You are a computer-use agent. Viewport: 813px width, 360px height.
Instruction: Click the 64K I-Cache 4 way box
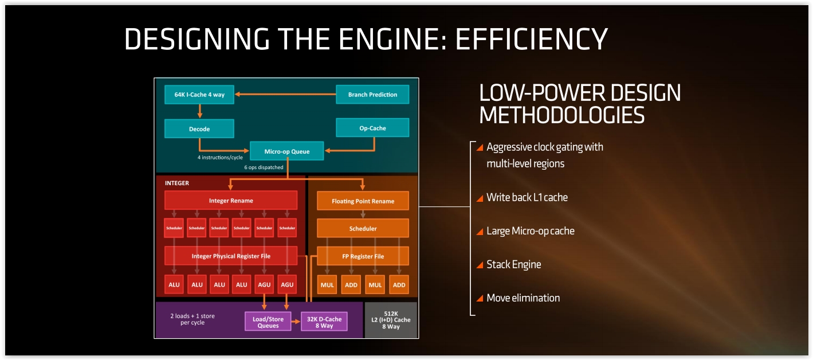[199, 95]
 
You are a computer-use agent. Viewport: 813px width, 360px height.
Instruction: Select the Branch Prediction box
[372, 95]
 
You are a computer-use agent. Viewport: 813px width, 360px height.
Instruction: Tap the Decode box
[199, 129]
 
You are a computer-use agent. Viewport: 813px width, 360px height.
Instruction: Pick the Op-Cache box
[372, 128]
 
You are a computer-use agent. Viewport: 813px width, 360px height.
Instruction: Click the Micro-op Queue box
[286, 151]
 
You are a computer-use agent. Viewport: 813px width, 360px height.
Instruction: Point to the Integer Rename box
[231, 201]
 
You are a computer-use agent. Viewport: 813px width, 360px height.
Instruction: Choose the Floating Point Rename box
[363, 201]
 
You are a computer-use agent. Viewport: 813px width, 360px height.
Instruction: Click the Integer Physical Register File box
[231, 256]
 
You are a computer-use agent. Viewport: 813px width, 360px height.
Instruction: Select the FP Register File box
[363, 256]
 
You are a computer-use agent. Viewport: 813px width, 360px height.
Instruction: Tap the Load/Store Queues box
[268, 322]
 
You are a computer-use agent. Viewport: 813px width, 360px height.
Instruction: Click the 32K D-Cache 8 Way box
[324, 322]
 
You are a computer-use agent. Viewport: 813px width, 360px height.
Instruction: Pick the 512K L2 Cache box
[391, 320]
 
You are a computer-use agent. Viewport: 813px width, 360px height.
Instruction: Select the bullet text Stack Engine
[513, 264]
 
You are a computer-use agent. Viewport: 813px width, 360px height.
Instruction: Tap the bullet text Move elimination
[523, 298]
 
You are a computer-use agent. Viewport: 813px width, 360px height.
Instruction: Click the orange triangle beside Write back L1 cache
[480, 198]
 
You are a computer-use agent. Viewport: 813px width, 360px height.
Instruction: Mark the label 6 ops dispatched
[264, 167]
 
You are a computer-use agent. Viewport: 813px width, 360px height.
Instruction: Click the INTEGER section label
[177, 183]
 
